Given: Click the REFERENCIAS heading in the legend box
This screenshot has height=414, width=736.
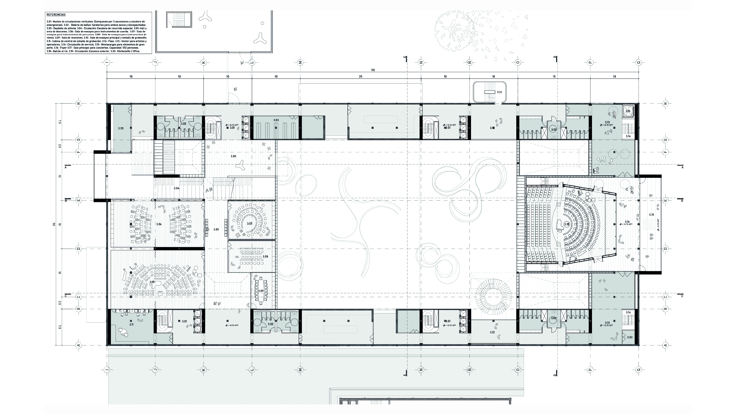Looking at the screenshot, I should pos(56,14).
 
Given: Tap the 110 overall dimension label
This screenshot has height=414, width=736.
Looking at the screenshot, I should pos(373,70).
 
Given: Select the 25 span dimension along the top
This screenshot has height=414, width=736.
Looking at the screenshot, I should pos(361,77).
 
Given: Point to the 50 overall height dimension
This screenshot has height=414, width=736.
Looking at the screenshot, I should pos(54,224).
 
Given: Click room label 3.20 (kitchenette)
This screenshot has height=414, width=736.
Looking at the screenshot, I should pos(120,128).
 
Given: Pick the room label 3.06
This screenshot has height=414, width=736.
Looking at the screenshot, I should pos(159,224).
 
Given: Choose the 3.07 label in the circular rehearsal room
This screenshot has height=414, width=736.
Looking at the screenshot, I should pos(250,223).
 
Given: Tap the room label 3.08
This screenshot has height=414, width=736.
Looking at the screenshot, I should pos(265,256).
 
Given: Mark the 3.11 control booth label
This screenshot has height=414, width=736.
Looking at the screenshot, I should pos(131,325).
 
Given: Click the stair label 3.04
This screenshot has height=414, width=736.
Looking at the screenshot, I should pos(177,188).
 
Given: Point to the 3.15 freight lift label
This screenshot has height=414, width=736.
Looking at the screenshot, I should pos(628,111).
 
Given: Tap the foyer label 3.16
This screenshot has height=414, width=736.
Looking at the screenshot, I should pos(627,221).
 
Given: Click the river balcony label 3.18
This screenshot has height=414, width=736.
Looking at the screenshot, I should pos(651,215).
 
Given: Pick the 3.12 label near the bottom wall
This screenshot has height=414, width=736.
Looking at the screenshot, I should pos(492,332).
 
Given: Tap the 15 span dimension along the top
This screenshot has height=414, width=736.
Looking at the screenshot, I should pos(554,77).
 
